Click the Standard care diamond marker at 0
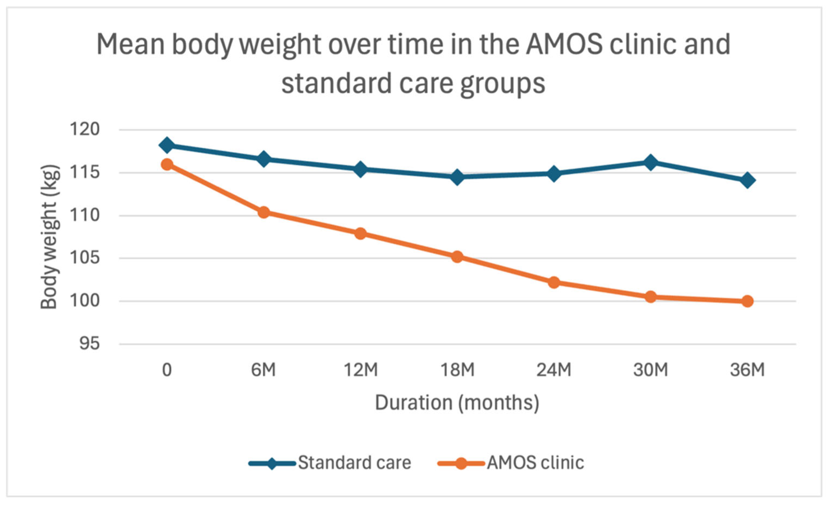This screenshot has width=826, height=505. (167, 145)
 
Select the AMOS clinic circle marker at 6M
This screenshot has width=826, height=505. (264, 212)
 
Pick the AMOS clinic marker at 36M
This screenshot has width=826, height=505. (747, 301)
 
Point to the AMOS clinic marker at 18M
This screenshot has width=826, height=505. (457, 257)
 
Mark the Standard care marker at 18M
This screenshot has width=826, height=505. (457, 177)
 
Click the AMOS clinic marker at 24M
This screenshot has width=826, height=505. (554, 283)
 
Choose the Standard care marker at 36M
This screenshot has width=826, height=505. (747, 180)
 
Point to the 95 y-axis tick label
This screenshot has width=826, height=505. (89, 344)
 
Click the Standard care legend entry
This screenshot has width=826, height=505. (330, 463)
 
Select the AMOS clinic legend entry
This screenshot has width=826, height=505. (511, 463)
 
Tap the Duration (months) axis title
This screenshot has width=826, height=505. (457, 403)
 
